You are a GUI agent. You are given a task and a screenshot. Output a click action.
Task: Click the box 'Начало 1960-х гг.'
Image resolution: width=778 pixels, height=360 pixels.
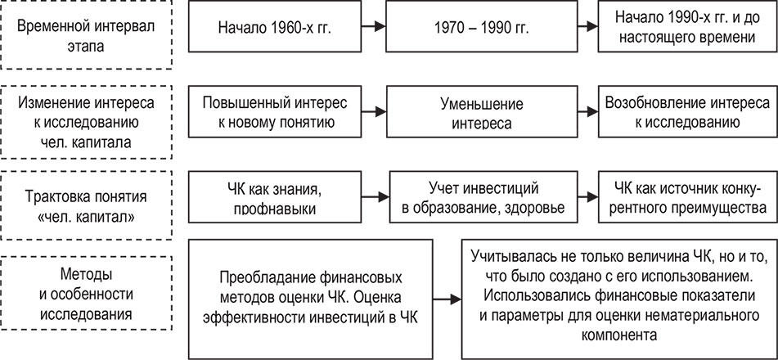274,26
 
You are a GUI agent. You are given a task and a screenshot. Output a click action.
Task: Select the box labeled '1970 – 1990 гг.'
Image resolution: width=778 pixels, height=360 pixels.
482,26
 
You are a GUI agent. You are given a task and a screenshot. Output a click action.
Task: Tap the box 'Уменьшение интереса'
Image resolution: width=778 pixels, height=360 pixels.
482,112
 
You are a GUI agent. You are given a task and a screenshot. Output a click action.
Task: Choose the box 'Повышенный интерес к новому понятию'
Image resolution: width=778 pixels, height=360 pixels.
274,112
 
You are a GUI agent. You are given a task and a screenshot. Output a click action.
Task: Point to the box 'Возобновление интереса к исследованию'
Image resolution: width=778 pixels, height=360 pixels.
688,112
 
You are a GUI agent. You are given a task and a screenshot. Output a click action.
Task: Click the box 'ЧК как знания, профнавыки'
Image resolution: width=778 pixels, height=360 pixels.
274,197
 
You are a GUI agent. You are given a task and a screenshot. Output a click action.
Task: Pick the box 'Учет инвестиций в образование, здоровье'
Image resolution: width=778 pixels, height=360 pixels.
483,197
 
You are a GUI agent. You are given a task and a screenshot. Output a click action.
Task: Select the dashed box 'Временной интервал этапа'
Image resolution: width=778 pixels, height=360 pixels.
87,34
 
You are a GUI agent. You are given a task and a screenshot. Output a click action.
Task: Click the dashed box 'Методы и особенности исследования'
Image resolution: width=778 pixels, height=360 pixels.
87,294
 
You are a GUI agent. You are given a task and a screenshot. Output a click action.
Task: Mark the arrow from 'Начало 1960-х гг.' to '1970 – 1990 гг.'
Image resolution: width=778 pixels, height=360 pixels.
374,26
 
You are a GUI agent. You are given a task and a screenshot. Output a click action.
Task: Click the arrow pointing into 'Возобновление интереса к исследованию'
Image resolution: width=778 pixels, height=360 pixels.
588,112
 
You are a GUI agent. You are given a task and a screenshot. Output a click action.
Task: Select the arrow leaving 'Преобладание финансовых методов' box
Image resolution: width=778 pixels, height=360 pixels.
447,299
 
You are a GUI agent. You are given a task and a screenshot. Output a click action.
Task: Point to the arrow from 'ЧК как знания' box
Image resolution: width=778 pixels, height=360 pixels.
376,197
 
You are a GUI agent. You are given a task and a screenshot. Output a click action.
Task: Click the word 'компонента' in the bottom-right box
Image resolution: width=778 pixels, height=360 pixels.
619,335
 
